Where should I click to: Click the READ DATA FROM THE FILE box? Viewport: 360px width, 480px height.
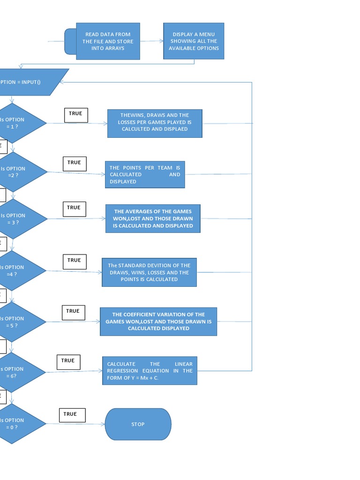coord(108,41)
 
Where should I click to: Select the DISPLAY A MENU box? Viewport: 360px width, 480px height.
coord(194,41)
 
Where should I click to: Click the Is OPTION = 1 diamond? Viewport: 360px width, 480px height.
coord(19,123)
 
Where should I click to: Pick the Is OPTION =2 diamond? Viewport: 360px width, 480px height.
coord(19,172)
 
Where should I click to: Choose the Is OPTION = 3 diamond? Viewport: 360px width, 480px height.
coord(19,219)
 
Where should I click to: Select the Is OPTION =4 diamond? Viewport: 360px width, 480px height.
coord(19,270)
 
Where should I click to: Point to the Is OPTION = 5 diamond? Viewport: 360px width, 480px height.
coord(19,322)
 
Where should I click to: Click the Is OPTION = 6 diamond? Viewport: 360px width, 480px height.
coord(19,372)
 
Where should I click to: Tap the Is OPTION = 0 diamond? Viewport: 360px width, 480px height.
coord(19,424)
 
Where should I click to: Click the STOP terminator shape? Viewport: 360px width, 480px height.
coord(138,424)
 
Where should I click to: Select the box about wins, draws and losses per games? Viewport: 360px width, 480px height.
coord(155,123)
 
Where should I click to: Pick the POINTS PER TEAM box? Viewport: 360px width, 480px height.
coord(145,174)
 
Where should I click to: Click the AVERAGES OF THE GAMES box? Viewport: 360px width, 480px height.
coord(153,218)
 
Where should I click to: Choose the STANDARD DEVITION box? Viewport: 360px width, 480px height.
coord(149,272)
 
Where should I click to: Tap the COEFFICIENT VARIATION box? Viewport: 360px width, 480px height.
coord(158,322)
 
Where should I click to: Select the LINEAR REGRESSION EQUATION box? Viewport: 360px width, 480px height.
coord(150,371)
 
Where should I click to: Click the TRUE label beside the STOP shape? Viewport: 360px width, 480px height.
coord(72,415)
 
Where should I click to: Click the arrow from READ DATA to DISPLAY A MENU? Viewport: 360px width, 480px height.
coord(151,41)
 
